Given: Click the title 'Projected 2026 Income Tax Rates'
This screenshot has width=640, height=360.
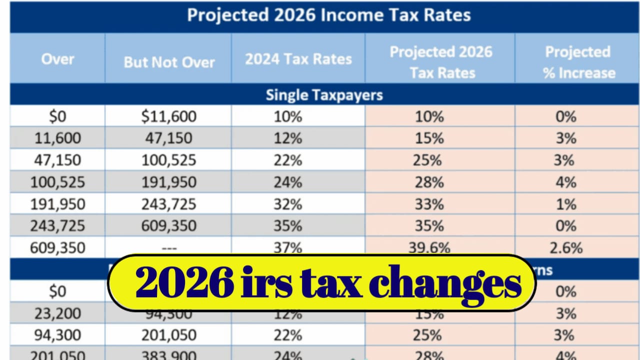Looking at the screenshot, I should click(x=328, y=15).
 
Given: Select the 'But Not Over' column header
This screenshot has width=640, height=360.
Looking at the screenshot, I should click(x=169, y=62).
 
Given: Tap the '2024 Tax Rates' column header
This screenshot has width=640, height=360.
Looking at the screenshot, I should click(x=298, y=59).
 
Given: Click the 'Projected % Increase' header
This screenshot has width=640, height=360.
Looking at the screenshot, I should click(x=578, y=62).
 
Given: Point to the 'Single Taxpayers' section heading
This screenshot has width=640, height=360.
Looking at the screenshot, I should click(x=324, y=95).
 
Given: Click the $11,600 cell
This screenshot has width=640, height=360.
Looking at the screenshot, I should click(x=169, y=116).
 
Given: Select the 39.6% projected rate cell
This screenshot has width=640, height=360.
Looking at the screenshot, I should click(x=428, y=247).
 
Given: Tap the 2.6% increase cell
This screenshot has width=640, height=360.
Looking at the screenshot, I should click(x=566, y=247).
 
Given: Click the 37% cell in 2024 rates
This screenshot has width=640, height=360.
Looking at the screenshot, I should click(x=287, y=247).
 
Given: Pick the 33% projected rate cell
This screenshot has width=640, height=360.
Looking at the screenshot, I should click(x=428, y=204).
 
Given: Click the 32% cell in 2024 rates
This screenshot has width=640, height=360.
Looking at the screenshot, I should click(x=287, y=204).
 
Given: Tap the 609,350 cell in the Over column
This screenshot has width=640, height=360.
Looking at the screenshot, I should click(x=57, y=247).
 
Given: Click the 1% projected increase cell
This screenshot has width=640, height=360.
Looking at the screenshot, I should click(x=566, y=204).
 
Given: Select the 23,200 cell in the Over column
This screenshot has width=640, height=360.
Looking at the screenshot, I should click(x=57, y=313).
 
